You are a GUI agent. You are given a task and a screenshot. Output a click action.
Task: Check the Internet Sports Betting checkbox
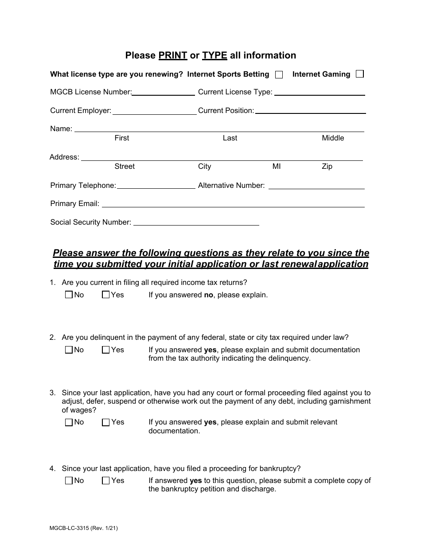(x=279, y=75)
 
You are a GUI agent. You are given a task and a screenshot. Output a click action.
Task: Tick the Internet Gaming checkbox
(x=360, y=74)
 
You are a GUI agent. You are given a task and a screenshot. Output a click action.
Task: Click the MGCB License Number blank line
(x=163, y=93)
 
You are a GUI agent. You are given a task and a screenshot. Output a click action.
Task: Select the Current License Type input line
(x=320, y=93)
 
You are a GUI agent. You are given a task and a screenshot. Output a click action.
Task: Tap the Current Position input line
(x=310, y=111)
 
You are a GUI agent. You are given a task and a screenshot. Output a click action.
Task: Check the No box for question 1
(x=69, y=295)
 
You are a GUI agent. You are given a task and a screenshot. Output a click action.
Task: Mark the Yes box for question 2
(x=105, y=350)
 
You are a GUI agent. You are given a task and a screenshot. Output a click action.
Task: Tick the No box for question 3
(x=69, y=422)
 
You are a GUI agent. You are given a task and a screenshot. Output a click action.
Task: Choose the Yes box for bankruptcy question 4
(x=105, y=480)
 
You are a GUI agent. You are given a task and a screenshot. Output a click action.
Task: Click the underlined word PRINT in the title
(x=173, y=55)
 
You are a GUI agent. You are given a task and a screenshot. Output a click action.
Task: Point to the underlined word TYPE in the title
(x=214, y=55)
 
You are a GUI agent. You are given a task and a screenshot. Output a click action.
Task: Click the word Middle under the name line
(x=333, y=138)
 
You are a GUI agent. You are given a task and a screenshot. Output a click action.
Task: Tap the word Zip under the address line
(x=327, y=167)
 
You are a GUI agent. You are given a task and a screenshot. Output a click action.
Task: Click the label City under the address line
(x=204, y=167)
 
